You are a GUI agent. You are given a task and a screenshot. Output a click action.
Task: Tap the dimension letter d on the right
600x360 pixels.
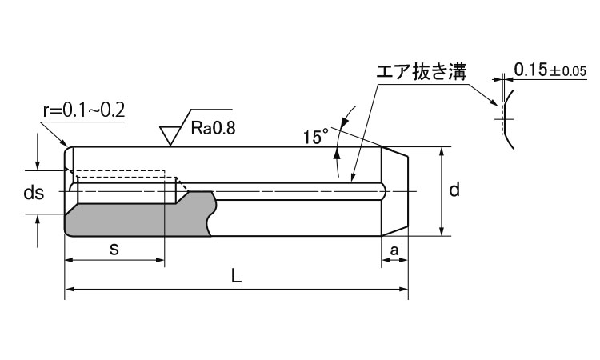(x=454, y=190)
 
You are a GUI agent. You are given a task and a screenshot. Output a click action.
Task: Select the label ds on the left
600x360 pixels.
(x=33, y=194)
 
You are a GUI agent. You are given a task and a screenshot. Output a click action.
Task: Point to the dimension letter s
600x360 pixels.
(x=114, y=249)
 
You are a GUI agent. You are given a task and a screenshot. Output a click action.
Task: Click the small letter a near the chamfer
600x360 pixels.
(x=394, y=250)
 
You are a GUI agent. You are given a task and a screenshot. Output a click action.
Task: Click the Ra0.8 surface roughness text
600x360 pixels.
(x=214, y=127)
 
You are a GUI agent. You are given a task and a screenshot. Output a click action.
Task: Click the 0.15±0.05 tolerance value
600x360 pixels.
(x=550, y=70)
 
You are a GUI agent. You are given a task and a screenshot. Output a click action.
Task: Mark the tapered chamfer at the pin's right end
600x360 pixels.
(x=397, y=191)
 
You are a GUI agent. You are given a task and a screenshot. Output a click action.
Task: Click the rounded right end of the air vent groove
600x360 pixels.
(x=385, y=191)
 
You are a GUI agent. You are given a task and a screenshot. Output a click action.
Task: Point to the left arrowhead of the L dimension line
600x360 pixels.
(x=69, y=288)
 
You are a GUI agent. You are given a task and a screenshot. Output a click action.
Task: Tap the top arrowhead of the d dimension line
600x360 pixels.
(x=441, y=152)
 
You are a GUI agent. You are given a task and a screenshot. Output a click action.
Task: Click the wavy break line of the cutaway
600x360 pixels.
(x=212, y=214)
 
